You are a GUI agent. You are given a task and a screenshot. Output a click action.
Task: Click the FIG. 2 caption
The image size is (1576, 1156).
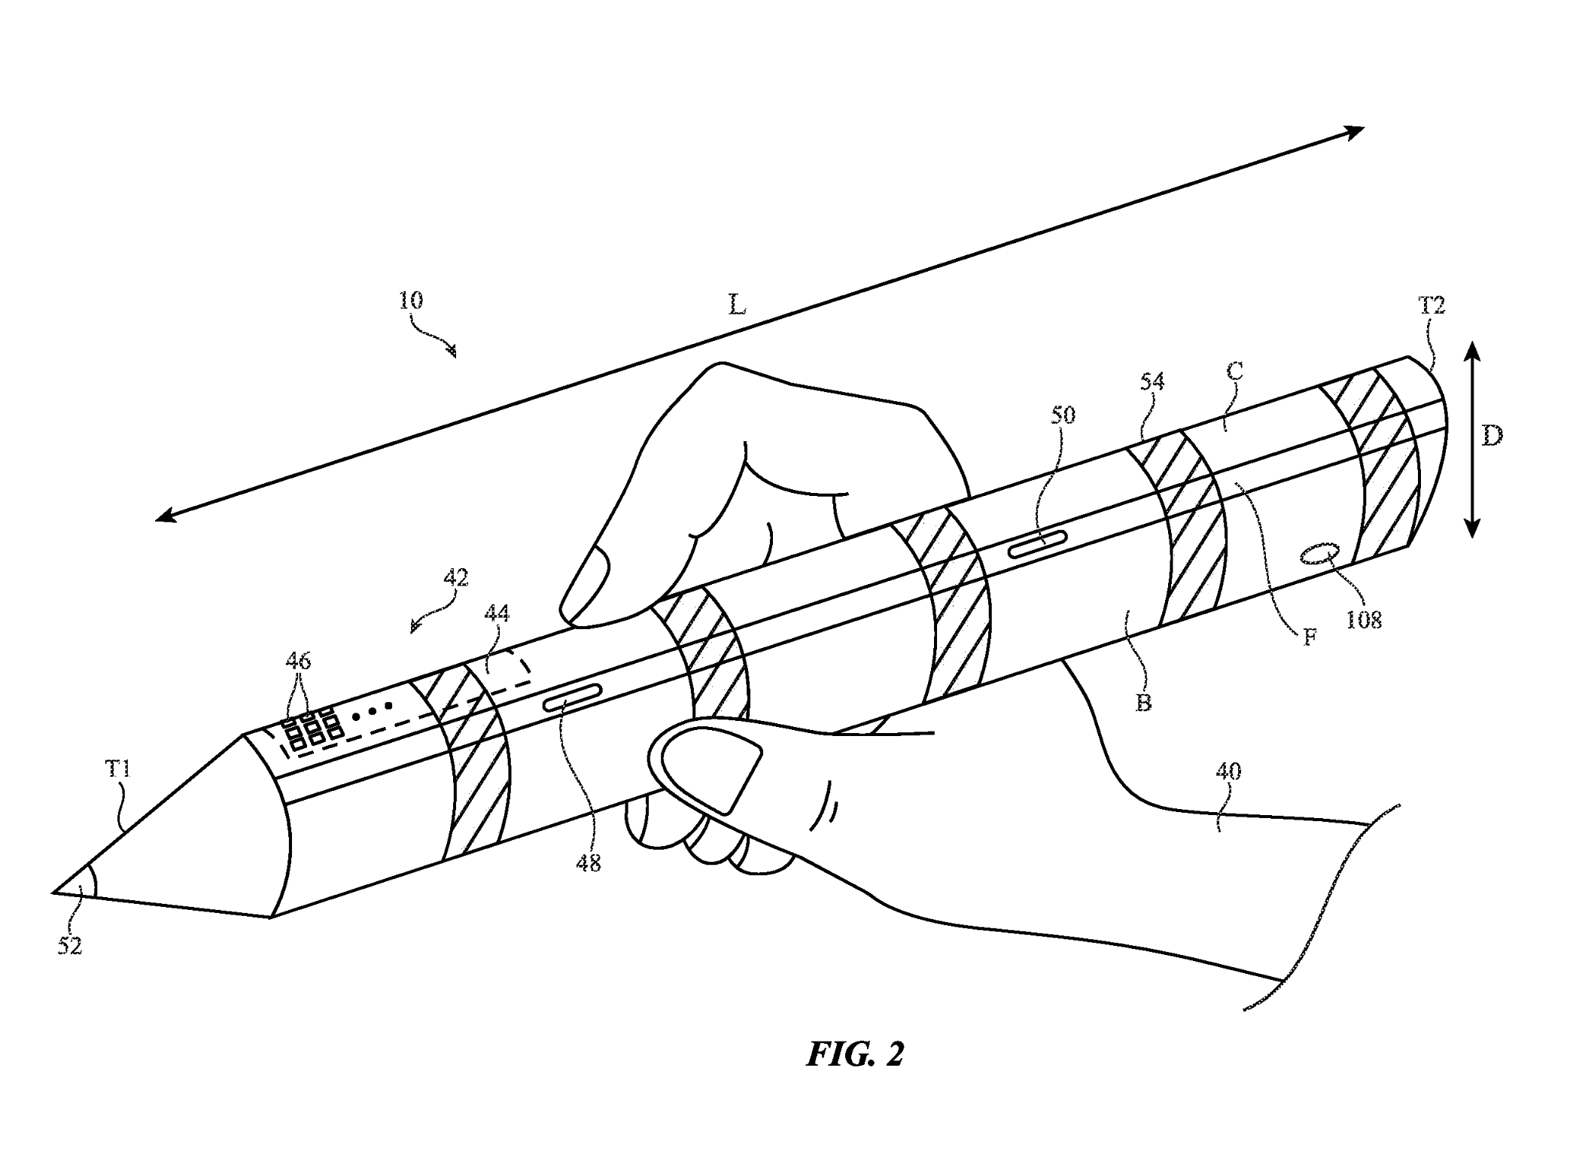[x=855, y=1054]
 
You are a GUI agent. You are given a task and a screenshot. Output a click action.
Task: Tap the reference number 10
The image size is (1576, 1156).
[x=410, y=300]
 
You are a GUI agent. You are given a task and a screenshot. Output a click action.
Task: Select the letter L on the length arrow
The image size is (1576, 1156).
[x=737, y=305]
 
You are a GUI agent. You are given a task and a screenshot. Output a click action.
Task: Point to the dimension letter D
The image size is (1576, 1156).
[x=1492, y=437]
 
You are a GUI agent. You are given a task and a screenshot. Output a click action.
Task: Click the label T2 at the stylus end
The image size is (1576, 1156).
[x=1431, y=306]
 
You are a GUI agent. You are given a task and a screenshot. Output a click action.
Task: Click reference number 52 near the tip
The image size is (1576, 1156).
[x=69, y=946]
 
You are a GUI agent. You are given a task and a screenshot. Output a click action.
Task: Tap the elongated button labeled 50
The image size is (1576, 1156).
[x=1038, y=543]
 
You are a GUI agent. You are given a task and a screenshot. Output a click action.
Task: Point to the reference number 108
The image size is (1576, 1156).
[x=1363, y=619]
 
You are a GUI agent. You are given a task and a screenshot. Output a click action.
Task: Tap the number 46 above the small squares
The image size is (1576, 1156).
[x=297, y=661]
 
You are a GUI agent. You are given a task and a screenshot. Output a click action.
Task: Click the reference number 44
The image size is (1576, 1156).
[x=496, y=614]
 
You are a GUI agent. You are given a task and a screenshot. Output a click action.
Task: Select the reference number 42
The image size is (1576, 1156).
[x=455, y=577]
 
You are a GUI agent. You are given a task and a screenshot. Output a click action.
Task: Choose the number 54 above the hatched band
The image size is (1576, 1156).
[x=1152, y=382]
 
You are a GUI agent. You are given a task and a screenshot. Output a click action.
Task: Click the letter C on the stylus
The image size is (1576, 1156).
[x=1234, y=371]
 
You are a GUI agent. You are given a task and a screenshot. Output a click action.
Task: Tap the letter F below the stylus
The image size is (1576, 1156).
[x=1310, y=638]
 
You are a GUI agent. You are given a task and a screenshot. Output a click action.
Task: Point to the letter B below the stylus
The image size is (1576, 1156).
[x=1143, y=703]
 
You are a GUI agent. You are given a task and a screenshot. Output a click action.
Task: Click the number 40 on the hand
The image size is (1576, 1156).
[x=1228, y=771]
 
